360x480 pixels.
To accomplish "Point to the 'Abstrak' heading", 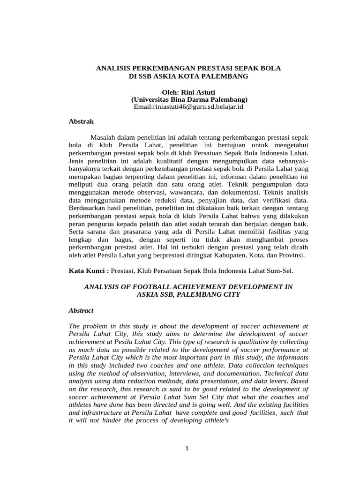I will [x=81, y=121].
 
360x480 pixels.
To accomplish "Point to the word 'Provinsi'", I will [x=291, y=255].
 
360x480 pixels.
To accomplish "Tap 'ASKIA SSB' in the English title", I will [x=155, y=294].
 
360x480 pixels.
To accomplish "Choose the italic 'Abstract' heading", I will [x=81, y=310].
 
